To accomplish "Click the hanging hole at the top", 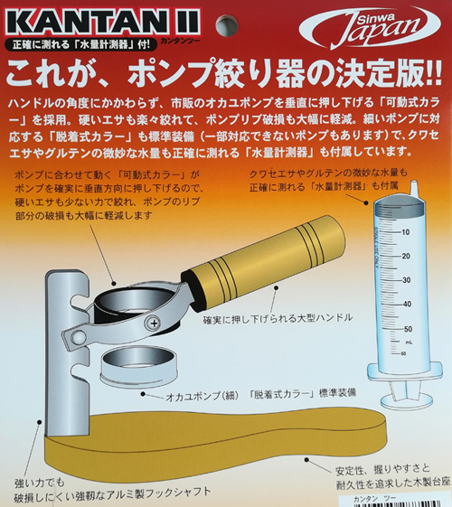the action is (x=227, y=24).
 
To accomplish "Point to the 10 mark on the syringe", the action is (x=405, y=232).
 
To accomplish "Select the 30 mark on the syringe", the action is (x=406, y=280).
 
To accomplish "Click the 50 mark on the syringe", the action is (x=408, y=329).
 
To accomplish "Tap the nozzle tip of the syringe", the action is (x=414, y=188).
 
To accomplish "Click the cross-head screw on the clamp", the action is (x=155, y=323).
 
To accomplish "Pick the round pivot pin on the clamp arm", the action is (x=78, y=337).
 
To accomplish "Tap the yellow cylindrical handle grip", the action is (x=263, y=257).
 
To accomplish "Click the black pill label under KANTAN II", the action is (x=81, y=44).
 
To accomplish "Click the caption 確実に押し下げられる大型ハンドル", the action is (x=278, y=318).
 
